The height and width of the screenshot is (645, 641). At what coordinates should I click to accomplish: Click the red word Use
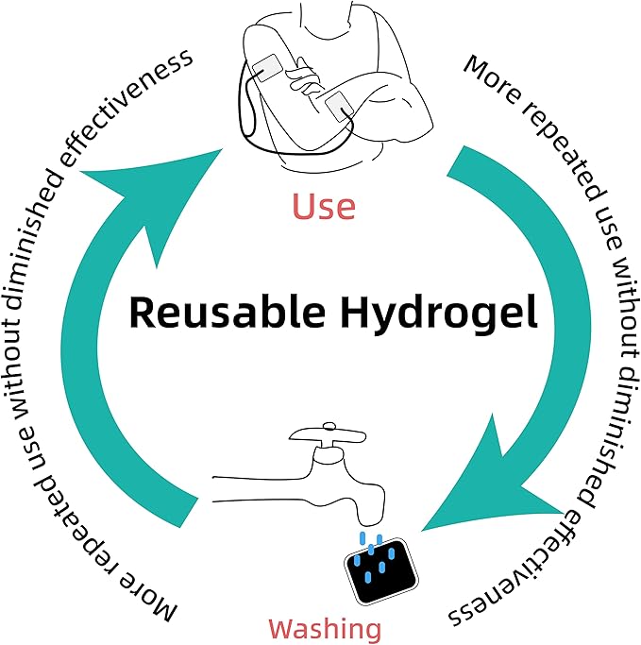(x=323, y=206)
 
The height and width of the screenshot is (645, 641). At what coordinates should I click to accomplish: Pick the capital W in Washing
(x=284, y=629)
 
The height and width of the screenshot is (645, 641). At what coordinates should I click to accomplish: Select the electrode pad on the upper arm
(x=266, y=67)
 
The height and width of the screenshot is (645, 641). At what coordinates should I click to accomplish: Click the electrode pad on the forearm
(x=338, y=107)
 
